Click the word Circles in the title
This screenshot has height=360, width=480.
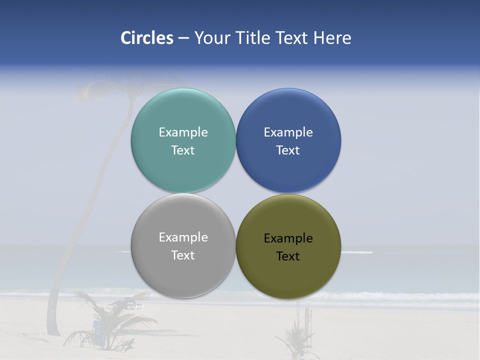click(147, 38)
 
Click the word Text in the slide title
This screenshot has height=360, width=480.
click(292, 38)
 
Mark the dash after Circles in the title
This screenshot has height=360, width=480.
click(183, 38)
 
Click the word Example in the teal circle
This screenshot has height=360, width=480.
click(183, 132)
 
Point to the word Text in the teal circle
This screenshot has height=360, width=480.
click(183, 150)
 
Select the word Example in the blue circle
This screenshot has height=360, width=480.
click(288, 132)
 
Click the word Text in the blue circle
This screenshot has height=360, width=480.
click(288, 150)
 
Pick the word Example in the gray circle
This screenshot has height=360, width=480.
click(183, 237)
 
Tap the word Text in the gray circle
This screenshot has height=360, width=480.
click(183, 255)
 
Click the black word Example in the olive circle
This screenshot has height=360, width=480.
click(288, 238)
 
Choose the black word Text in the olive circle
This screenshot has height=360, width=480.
click(288, 256)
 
